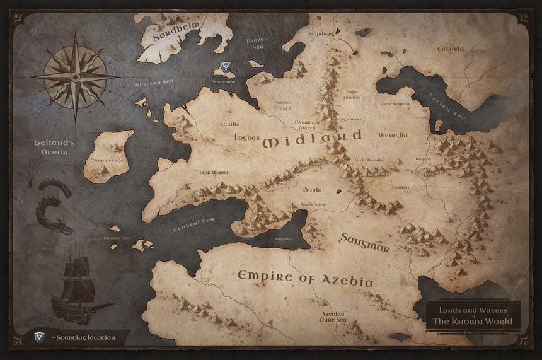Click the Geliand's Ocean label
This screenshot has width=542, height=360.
coord(55,148)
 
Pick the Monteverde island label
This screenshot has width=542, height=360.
coord(107,161)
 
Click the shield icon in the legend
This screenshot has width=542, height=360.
coord(40,337)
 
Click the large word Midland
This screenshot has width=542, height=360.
coord(313,138)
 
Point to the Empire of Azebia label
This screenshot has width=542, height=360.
coord(305,277)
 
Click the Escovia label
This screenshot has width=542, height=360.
coord(451,49)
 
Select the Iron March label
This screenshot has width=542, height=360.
coord(214,171)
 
